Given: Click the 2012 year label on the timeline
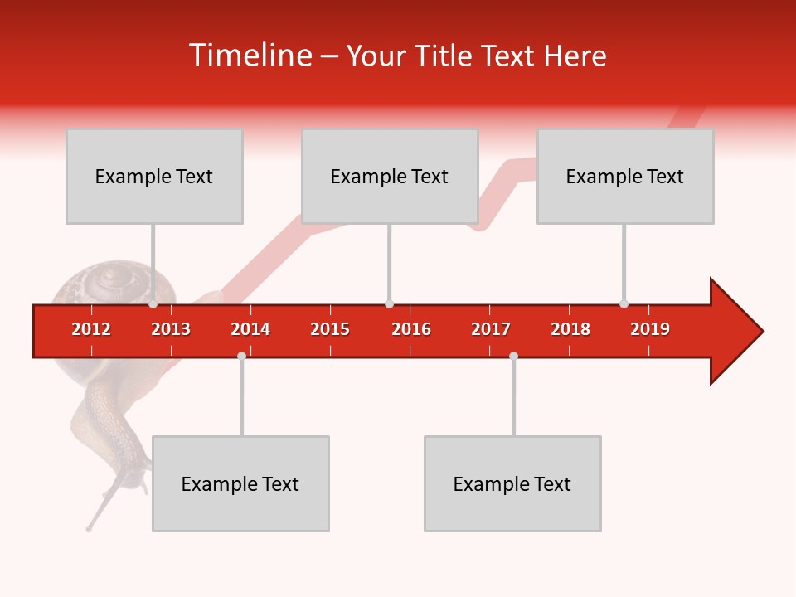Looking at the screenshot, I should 91,329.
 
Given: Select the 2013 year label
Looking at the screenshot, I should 171,329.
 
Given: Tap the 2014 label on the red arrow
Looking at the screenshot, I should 250,329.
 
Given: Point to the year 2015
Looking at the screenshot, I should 330,329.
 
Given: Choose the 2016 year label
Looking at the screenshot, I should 411,329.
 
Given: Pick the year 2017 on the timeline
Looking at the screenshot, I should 491,329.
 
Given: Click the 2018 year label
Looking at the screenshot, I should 570,329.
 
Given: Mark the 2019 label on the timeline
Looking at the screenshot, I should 650,329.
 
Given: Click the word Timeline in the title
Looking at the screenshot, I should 249,56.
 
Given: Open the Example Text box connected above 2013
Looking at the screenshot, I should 154,176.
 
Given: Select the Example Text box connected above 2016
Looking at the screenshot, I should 390,176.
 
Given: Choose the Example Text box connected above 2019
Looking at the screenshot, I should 625,176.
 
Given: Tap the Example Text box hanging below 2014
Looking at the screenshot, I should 240,483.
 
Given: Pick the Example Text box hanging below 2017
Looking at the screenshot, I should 512,483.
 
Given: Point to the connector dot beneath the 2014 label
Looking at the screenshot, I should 241,356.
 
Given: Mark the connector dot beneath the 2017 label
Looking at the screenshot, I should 513,356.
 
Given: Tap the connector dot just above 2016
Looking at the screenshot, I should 389,304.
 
